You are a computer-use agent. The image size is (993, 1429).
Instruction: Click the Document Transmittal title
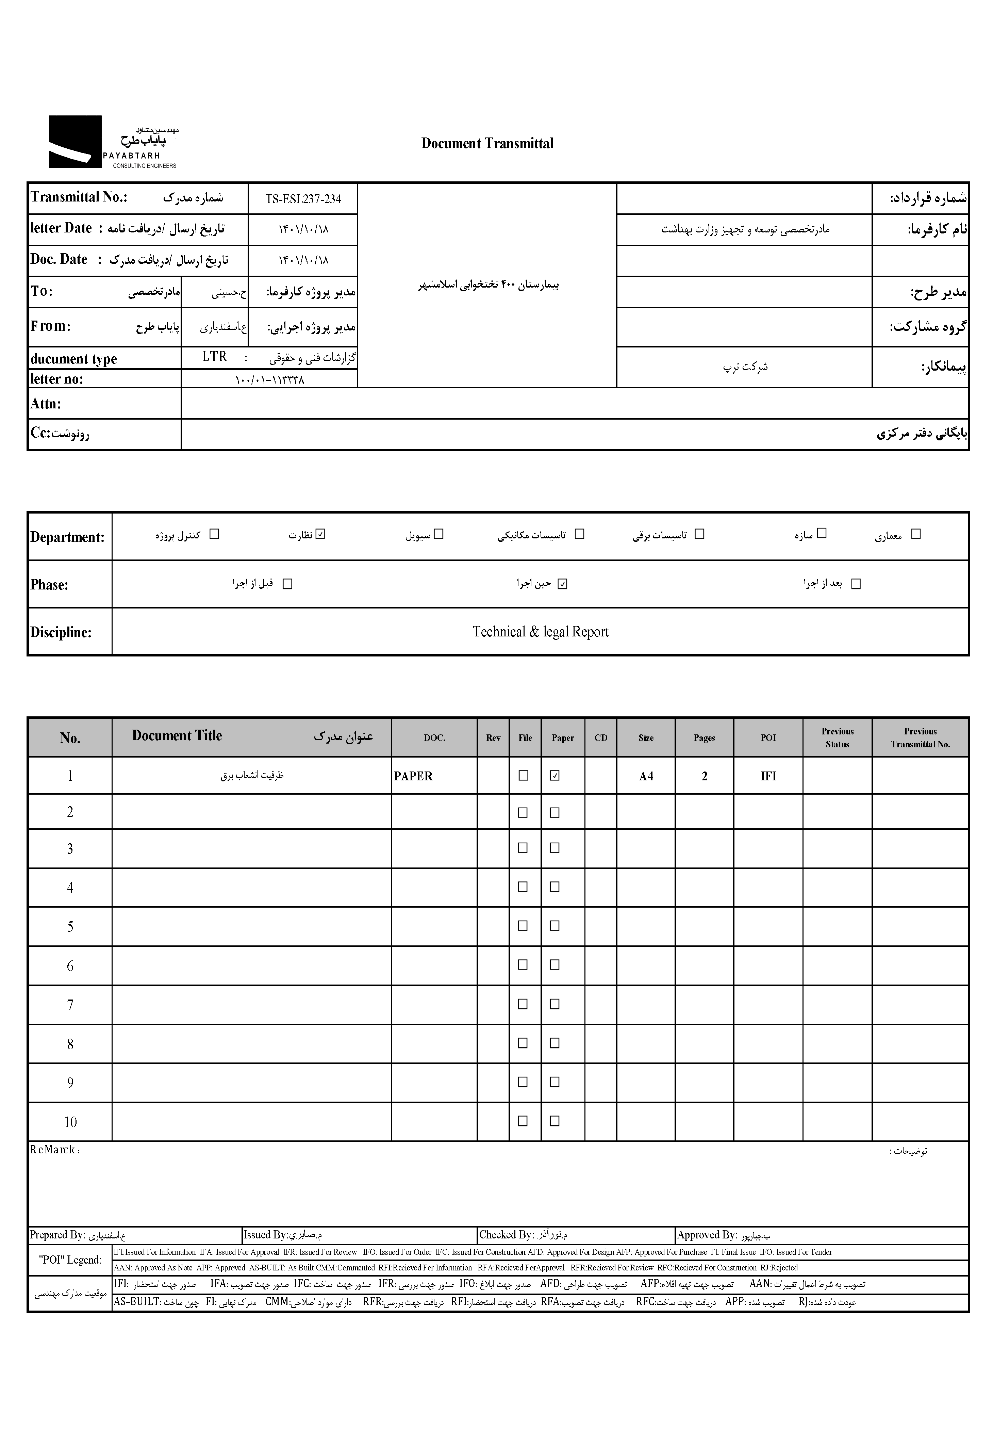(x=487, y=143)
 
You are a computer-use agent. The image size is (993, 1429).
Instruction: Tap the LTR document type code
(x=215, y=357)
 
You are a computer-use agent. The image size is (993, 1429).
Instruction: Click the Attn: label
(x=46, y=403)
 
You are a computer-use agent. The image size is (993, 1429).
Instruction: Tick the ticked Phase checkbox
(x=562, y=584)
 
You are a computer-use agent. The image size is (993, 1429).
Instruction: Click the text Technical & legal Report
(x=540, y=632)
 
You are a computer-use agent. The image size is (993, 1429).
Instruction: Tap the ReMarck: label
(x=55, y=1150)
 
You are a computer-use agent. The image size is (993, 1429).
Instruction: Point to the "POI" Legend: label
(x=70, y=1260)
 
